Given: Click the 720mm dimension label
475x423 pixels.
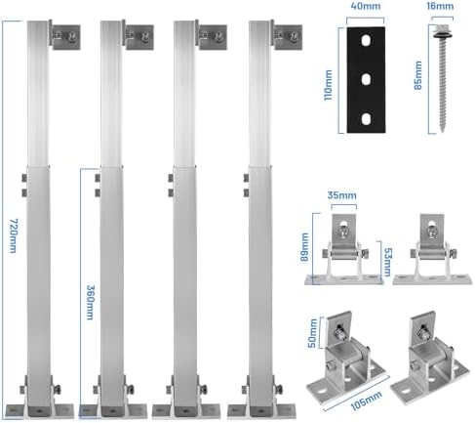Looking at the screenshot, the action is click(x=13, y=235).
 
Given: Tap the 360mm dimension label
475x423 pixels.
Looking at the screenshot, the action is click(x=91, y=303).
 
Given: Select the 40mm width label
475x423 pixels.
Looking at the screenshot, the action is click(x=366, y=6).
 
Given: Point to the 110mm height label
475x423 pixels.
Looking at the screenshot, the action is click(x=329, y=85).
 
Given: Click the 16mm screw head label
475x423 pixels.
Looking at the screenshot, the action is click(x=440, y=6).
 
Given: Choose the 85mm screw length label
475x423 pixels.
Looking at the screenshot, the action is click(x=417, y=75).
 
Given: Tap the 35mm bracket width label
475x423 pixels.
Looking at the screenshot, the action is click(x=341, y=195).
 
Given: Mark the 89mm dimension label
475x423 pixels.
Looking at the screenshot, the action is click(x=304, y=247).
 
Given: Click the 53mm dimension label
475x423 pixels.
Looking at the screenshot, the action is click(x=388, y=262).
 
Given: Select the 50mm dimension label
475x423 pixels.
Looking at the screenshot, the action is click(x=312, y=333).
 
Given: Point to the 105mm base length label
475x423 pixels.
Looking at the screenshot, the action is click(x=367, y=400).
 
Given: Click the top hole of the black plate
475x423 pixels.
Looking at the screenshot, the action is click(x=366, y=41).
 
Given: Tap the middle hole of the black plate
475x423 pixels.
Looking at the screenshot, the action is click(x=366, y=79).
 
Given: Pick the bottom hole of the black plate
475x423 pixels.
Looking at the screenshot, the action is click(x=366, y=119).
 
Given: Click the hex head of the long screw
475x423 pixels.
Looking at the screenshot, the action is click(x=441, y=28).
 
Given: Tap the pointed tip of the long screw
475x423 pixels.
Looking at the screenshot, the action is click(x=443, y=133).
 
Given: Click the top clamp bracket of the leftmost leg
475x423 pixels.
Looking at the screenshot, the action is click(x=64, y=36).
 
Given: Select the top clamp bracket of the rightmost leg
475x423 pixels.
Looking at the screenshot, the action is click(x=287, y=36).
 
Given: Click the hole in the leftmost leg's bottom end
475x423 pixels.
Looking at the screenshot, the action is click(x=39, y=411).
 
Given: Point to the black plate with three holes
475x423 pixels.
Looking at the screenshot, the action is click(x=366, y=80).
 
